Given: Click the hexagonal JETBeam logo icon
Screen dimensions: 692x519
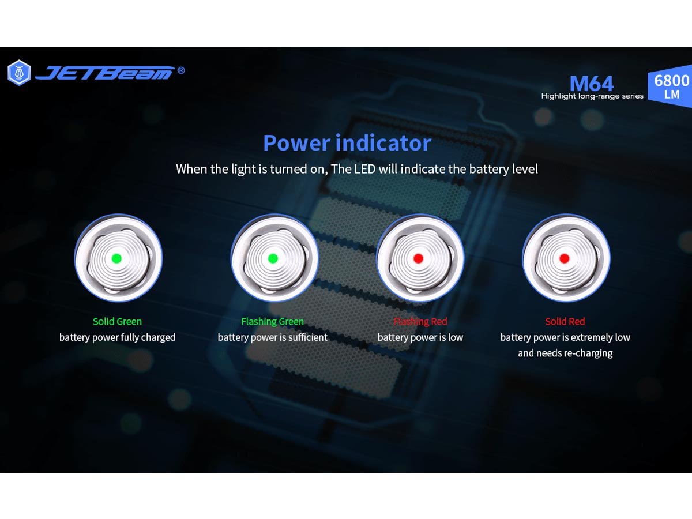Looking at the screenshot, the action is click(19, 73).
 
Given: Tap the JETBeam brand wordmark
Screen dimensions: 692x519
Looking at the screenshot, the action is click(105, 73).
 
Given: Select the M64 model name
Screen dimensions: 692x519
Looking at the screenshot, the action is click(592, 84).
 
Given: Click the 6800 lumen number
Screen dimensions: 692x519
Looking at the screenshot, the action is click(671, 80).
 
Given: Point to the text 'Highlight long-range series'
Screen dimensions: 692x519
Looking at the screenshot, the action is click(592, 96).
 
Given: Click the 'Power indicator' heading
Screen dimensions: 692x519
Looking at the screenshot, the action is click(347, 143).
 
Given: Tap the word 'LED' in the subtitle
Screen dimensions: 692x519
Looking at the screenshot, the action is click(365, 169).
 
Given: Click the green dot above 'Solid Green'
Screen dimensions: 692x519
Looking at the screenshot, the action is click(116, 258).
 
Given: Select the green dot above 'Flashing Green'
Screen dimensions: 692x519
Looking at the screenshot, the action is click(273, 258).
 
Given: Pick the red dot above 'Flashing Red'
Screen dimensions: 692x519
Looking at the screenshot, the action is click(418, 258).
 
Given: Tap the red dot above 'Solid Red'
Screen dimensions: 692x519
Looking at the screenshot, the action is click(565, 258).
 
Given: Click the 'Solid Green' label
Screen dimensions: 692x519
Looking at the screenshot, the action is click(117, 321).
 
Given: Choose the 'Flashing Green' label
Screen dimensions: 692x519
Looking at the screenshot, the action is click(272, 321).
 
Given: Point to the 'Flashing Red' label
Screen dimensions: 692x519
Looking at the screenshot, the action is click(420, 321).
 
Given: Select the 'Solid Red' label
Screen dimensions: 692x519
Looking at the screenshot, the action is click(565, 321).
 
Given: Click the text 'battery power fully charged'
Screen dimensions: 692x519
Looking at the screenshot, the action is click(117, 337).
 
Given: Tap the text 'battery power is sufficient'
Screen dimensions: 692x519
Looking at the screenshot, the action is click(272, 337).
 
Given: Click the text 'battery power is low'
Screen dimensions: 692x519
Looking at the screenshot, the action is click(420, 337).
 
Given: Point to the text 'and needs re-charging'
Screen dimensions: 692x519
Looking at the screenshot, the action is click(565, 353).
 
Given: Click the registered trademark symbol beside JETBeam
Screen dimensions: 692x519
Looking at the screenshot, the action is click(181, 70).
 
